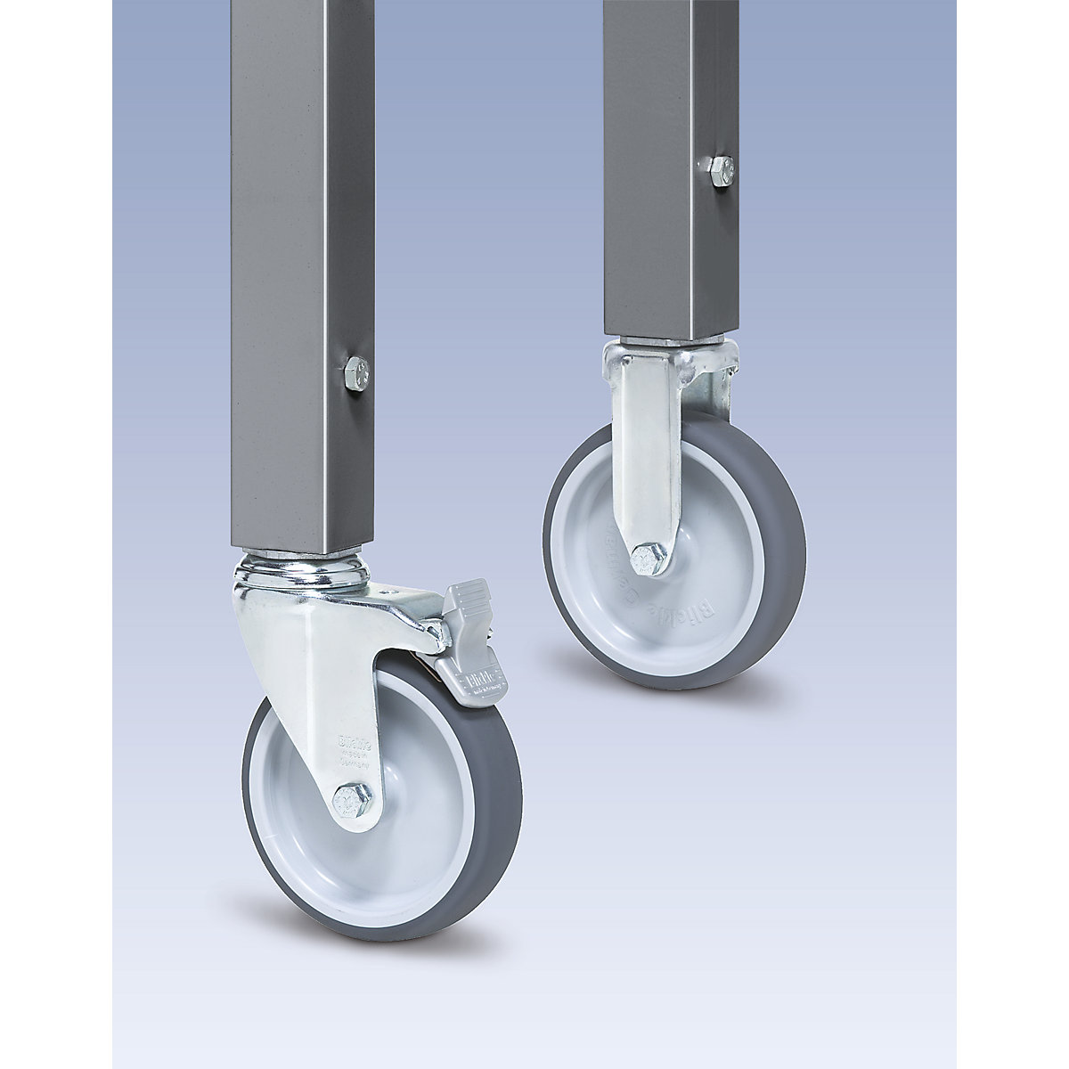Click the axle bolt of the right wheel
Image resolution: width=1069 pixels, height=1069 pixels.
click(x=644, y=559)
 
